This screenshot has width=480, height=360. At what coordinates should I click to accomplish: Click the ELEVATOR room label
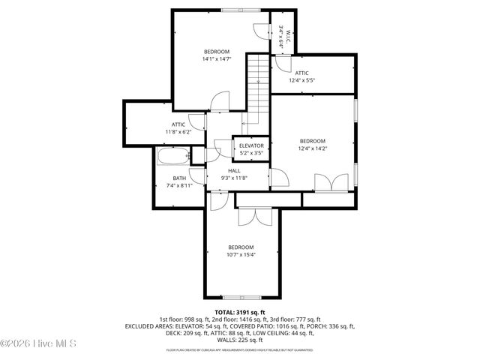coord(251,145)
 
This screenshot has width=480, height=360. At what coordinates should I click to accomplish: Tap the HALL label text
coord(234,171)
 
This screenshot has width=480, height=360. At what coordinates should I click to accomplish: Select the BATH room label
coord(179,178)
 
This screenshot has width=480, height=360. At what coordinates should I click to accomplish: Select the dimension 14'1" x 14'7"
coord(216,58)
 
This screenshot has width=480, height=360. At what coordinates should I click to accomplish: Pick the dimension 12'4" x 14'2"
coord(313,148)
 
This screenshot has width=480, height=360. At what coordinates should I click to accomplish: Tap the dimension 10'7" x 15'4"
coord(241,254)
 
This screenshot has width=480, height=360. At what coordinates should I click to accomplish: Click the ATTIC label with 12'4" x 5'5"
coord(301,73)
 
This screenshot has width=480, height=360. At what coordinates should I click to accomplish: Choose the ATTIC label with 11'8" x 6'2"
coord(178,124)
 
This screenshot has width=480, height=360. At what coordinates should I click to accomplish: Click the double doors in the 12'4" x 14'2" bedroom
coord(331,182)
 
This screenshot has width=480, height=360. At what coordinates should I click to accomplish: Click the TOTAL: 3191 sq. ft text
coord(240,312)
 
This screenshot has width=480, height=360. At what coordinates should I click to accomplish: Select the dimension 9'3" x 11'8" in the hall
coord(234,178)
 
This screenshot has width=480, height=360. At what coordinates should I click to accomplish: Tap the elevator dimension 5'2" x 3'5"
coord(251,153)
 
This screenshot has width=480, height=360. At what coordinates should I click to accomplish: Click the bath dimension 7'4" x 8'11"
coord(179,185)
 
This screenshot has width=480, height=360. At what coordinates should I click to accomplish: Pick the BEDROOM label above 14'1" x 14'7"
coord(216,51)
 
